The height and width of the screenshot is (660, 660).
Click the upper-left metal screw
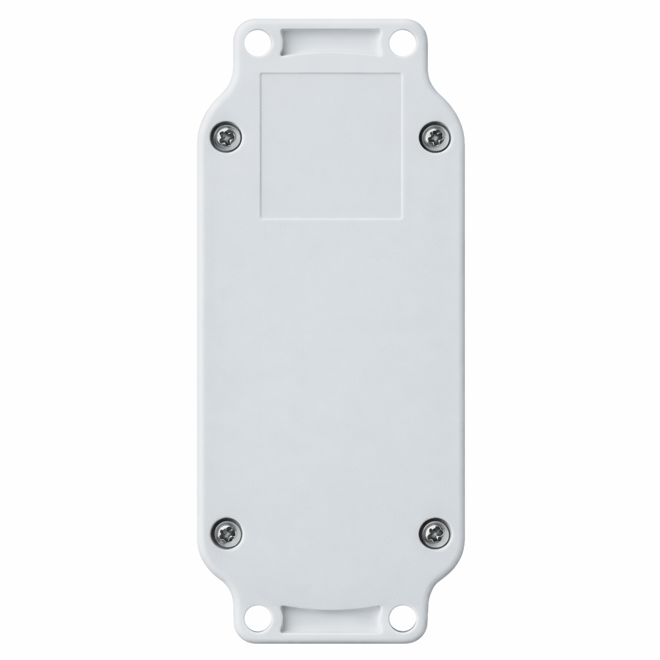[227, 136]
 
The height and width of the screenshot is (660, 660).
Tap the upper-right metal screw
[434, 136]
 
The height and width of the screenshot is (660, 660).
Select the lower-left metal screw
[227, 532]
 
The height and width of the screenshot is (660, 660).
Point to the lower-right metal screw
[434, 532]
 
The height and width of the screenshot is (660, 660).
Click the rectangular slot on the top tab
[330, 41]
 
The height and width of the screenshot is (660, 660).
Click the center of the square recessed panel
[331, 144]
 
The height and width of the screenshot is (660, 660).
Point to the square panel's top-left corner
[260, 73]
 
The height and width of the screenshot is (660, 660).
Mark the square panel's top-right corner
[402, 73]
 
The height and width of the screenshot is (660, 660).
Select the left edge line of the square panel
[260, 144]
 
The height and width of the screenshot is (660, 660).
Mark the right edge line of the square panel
[402, 144]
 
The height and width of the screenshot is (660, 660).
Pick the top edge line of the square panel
[331, 73]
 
